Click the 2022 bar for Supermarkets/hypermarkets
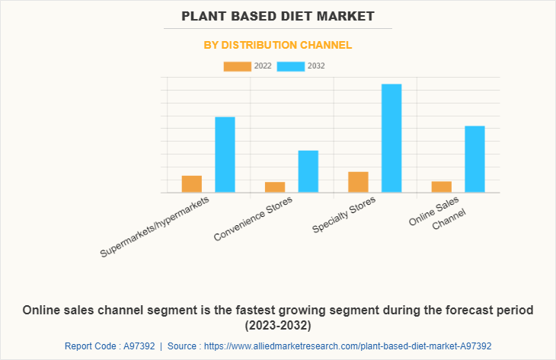pos(191,184)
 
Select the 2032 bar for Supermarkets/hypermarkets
pos(225,155)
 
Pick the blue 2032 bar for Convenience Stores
pos(308,171)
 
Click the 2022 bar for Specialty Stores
pos(358,182)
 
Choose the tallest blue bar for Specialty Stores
pos(391,138)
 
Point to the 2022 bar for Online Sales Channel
pos(441,186)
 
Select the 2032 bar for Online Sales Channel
pos(475,159)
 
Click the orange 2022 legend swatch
pos(237,66)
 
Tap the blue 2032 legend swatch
pos(291,66)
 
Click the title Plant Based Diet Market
pos(278,15)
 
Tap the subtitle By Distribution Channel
pos(278,45)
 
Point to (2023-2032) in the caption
pos(278,326)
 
